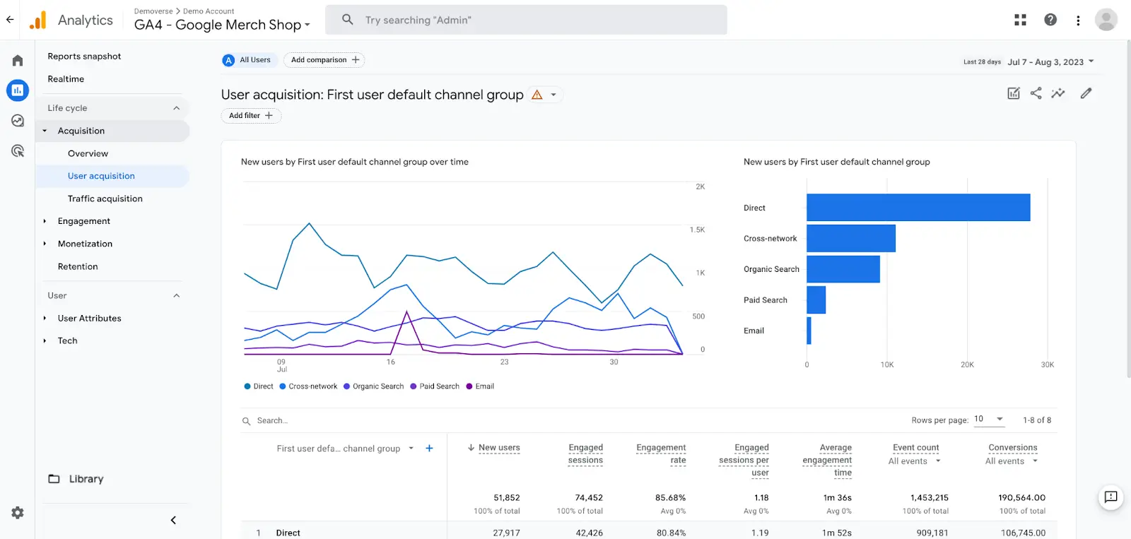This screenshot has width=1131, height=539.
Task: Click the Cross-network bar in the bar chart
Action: [850, 238]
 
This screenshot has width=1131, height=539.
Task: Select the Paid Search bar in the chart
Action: [816, 300]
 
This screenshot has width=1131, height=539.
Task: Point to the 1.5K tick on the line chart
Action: [697, 230]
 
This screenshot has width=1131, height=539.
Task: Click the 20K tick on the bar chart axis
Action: [967, 365]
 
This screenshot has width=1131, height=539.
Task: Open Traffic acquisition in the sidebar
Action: [105, 199]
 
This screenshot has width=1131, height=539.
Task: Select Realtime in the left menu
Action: [66, 79]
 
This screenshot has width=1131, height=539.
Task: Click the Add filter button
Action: [251, 116]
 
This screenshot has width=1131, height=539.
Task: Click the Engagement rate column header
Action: [661, 454]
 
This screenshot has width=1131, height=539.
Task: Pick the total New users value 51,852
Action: [506, 498]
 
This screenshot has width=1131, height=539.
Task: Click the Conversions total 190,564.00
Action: [1021, 498]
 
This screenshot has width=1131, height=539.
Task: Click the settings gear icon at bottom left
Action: [18, 513]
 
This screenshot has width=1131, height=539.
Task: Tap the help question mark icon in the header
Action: [1050, 20]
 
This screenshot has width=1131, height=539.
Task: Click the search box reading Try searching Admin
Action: [526, 20]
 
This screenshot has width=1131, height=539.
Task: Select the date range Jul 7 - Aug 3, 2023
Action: [1050, 62]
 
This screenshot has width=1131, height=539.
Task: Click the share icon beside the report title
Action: [1036, 93]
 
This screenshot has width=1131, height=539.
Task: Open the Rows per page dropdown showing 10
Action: [988, 420]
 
